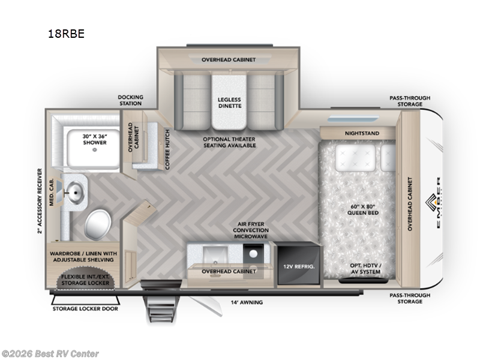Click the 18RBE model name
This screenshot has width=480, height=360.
(66, 34)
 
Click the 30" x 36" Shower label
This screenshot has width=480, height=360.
(94, 139)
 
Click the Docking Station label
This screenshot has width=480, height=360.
(130, 100)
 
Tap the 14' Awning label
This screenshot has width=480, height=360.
(247, 302)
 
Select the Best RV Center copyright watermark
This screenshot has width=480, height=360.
(50, 354)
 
